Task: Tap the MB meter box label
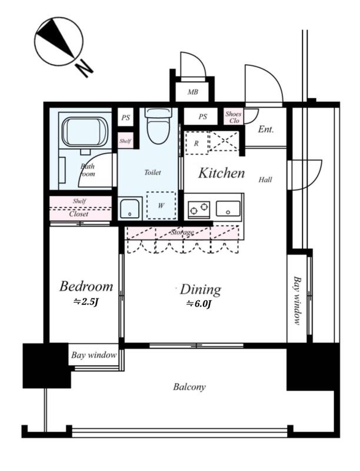[192, 92]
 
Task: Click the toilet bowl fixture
[158, 125]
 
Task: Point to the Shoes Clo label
[234, 117]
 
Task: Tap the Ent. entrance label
[266, 129]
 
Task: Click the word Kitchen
[221, 173]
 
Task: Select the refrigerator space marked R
[196, 143]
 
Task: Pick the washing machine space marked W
[161, 205]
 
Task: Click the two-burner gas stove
[199, 209]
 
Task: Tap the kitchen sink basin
[228, 208]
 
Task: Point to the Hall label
[265, 180]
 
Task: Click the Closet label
[79, 214]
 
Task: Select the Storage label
[182, 232]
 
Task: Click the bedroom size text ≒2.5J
[86, 301]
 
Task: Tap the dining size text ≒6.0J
[199, 304]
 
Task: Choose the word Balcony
[189, 387]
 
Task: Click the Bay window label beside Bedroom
[94, 355]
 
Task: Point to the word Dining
[201, 290]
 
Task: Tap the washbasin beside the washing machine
[129, 208]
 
